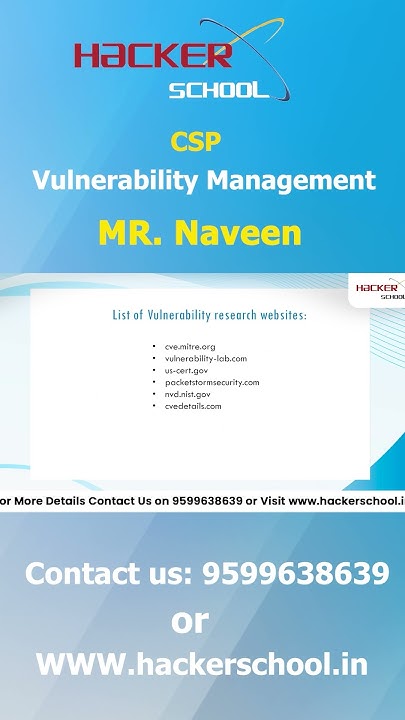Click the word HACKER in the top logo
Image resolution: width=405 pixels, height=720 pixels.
151,55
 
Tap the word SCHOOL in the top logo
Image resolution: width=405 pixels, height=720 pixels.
219,90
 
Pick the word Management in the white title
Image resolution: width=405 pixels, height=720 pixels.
291,181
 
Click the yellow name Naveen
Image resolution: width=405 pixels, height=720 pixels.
237,233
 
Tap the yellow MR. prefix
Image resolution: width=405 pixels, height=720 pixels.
131,233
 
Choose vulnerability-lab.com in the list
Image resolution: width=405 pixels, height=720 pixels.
206,358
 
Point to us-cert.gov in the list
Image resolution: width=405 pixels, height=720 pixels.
187,370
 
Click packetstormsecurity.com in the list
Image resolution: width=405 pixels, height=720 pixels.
212,382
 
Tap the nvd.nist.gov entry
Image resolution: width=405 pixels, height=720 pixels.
189,394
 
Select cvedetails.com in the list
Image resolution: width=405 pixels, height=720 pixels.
193,406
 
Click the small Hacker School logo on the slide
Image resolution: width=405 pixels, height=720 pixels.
380,290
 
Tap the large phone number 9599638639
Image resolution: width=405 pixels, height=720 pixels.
295,574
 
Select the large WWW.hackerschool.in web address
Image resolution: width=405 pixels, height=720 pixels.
202,664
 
